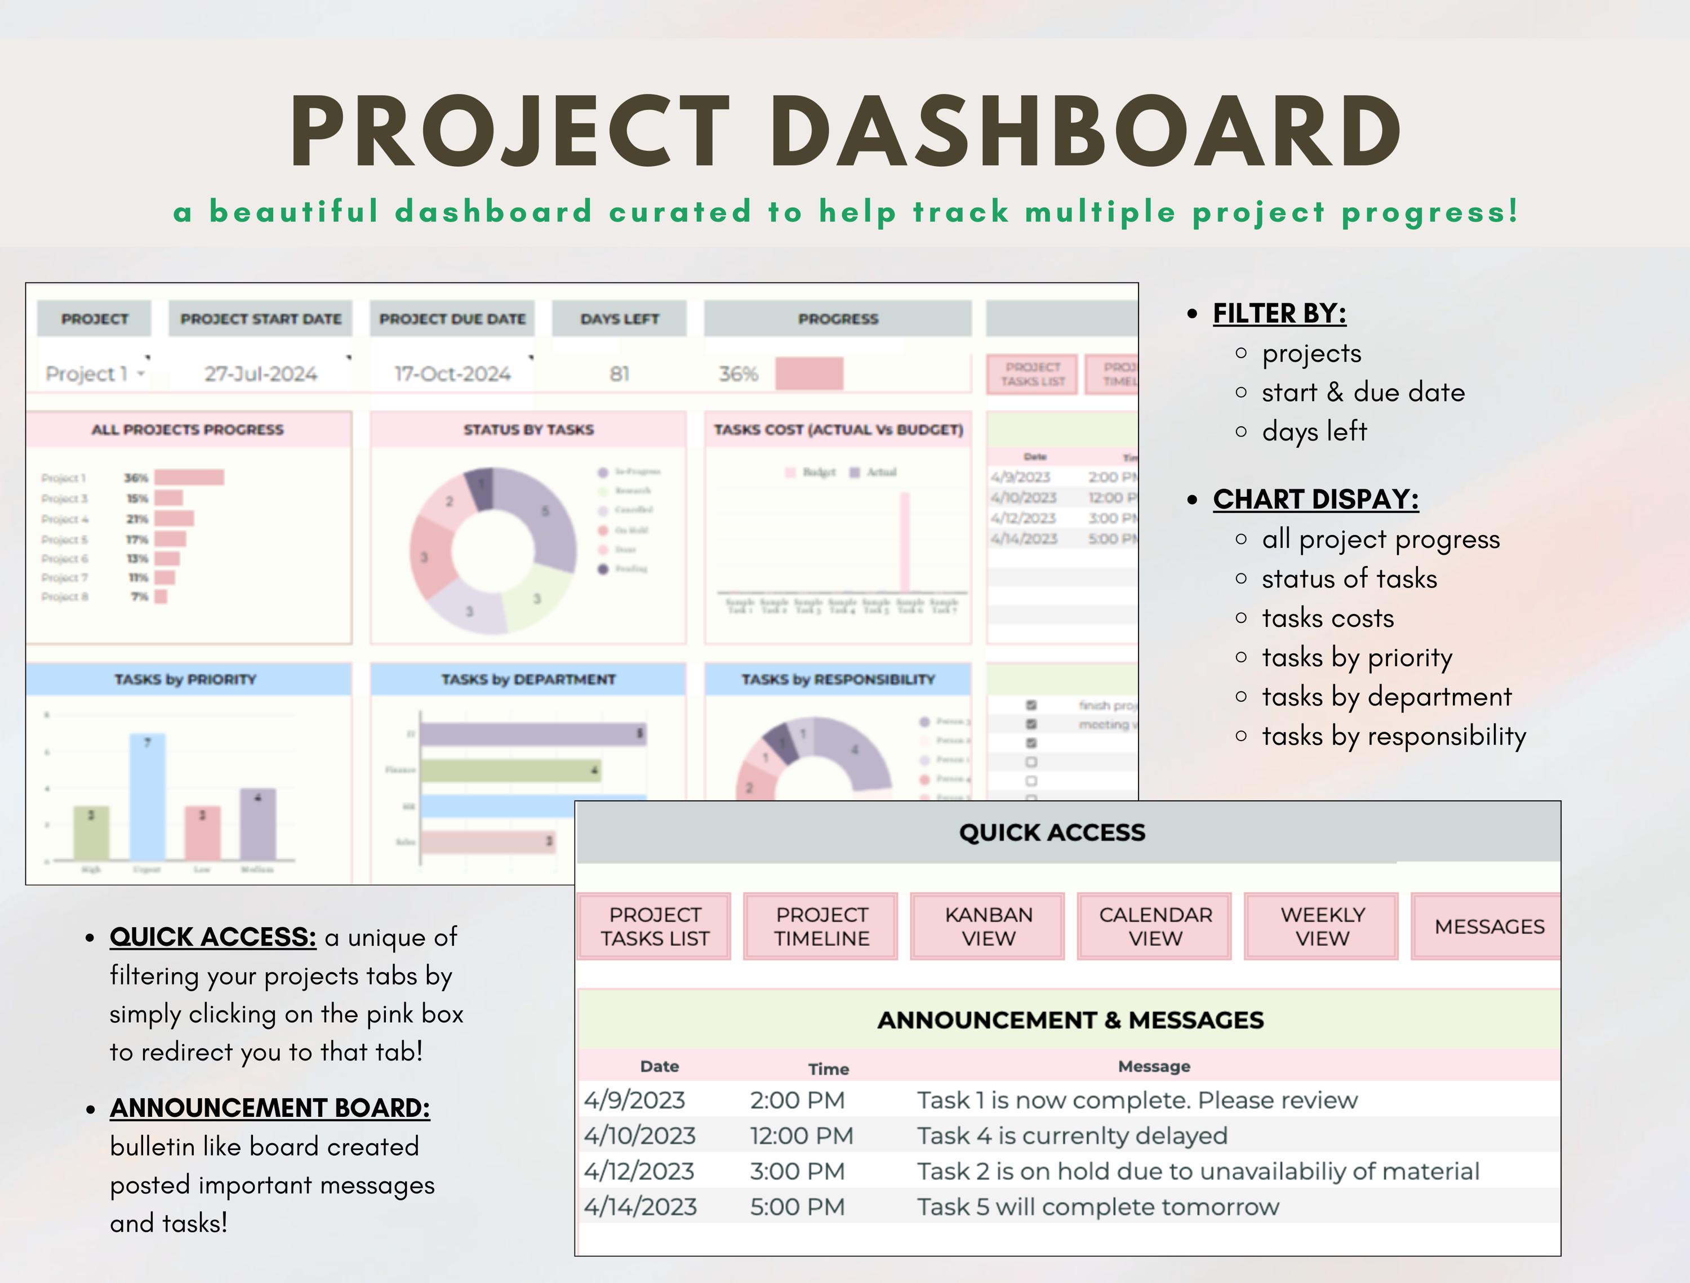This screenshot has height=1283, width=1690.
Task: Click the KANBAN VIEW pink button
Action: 988,926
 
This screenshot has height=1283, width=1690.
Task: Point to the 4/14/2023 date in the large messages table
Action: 641,1206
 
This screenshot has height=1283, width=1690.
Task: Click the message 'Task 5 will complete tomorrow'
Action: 1097,1206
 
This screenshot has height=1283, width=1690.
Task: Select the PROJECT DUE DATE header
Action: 452,318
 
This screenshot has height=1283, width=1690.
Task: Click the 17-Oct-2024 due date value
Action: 452,373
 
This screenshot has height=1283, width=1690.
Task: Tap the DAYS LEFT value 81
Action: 620,373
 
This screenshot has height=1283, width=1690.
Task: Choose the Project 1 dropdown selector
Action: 94,373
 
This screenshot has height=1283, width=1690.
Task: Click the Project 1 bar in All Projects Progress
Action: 189,477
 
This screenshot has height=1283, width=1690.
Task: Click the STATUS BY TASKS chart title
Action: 528,429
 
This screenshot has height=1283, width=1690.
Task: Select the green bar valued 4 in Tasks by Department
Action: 510,770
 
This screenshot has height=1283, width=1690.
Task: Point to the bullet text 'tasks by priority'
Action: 1357,657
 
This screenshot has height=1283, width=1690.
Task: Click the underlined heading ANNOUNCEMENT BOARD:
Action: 270,1107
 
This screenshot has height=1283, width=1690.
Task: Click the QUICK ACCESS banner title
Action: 1052,832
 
